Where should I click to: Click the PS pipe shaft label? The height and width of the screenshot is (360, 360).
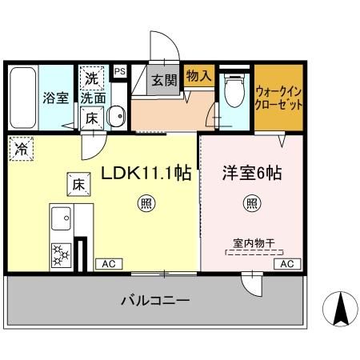120,71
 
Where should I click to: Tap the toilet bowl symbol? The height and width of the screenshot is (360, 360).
234,90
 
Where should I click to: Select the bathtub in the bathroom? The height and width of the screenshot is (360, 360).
23,98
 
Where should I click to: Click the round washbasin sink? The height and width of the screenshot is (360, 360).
116,116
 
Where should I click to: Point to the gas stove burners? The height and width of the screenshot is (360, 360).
61,255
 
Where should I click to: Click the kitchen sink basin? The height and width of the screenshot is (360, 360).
61,218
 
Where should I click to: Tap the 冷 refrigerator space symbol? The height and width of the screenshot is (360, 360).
22,149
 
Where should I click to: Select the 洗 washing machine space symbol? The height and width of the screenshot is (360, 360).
92,78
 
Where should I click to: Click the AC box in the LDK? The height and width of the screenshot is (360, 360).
109,264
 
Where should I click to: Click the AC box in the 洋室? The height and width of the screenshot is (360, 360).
287,264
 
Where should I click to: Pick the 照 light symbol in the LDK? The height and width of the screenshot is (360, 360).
146,204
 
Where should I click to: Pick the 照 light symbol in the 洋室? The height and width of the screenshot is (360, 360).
252,204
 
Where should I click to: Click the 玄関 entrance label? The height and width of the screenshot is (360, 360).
164,80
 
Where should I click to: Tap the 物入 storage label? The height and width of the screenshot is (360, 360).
199,75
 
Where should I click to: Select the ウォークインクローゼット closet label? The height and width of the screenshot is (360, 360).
278,98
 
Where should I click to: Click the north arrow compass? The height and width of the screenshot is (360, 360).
340,309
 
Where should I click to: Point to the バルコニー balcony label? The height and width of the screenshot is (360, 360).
155,301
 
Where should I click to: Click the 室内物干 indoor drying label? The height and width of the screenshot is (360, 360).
254,243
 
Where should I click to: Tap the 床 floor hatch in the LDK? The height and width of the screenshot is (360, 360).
78,184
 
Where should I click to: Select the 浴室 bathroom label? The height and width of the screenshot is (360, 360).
56,98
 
